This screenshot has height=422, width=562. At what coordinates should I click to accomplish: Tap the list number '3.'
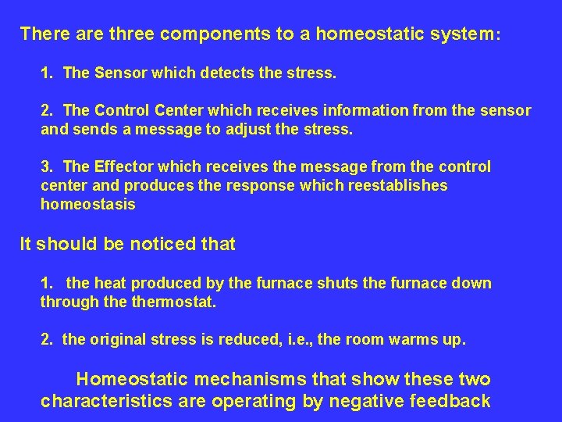point(48,166)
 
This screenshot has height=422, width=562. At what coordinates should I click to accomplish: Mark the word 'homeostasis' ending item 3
point(88,204)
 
